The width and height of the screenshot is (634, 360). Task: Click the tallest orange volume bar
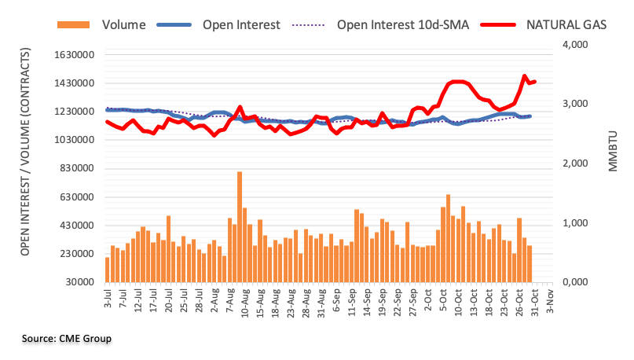[240, 227]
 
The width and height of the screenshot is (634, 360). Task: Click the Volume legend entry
[101, 24]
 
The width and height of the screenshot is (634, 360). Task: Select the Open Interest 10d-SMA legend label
[403, 24]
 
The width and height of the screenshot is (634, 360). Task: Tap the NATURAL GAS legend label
[566, 24]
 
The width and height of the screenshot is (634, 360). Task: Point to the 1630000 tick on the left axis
[75, 54]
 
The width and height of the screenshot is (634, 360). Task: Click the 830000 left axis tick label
[77, 168]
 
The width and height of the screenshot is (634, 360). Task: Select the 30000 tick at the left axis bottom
[80, 282]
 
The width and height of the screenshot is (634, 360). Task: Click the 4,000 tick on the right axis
[575, 45]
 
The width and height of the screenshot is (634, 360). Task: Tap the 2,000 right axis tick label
[575, 163]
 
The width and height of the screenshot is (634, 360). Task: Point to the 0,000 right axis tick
[575, 282]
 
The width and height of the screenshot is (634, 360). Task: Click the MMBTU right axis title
[613, 151]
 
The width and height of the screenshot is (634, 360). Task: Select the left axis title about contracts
[25, 152]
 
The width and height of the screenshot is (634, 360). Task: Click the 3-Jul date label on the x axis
[108, 298]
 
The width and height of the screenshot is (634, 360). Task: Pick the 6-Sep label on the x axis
[336, 299]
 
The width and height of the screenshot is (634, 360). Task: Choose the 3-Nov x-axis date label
[549, 300]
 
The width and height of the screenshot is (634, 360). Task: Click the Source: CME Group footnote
[67, 339]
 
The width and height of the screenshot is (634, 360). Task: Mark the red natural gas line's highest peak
[525, 75]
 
